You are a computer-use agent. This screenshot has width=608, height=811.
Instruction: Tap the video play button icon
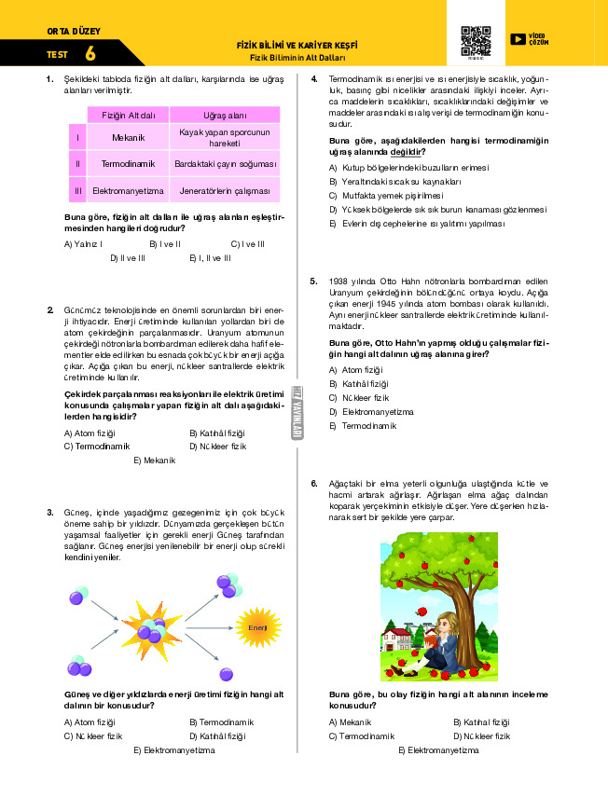[x=518, y=39]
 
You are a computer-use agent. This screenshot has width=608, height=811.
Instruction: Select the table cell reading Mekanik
[x=128, y=138]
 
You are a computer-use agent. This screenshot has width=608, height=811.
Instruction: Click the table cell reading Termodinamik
[x=128, y=164]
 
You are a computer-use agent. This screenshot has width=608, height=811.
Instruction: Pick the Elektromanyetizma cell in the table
[x=128, y=191]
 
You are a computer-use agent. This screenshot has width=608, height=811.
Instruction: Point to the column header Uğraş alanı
[x=225, y=115]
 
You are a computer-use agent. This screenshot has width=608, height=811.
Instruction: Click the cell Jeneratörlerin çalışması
[x=225, y=191]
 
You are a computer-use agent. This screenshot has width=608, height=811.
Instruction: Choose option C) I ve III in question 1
[x=247, y=243]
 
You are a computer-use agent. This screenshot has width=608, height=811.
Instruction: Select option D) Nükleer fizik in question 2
[x=217, y=447]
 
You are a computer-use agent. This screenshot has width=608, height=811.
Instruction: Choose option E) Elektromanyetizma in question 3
[x=181, y=749]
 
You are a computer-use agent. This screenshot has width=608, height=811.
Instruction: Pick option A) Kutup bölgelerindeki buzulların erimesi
[x=408, y=167]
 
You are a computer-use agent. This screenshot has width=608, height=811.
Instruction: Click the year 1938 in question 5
[x=339, y=281]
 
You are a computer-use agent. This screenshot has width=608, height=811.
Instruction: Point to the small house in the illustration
[x=398, y=643]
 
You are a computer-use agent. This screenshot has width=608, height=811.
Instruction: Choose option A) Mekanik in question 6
[x=350, y=722]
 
